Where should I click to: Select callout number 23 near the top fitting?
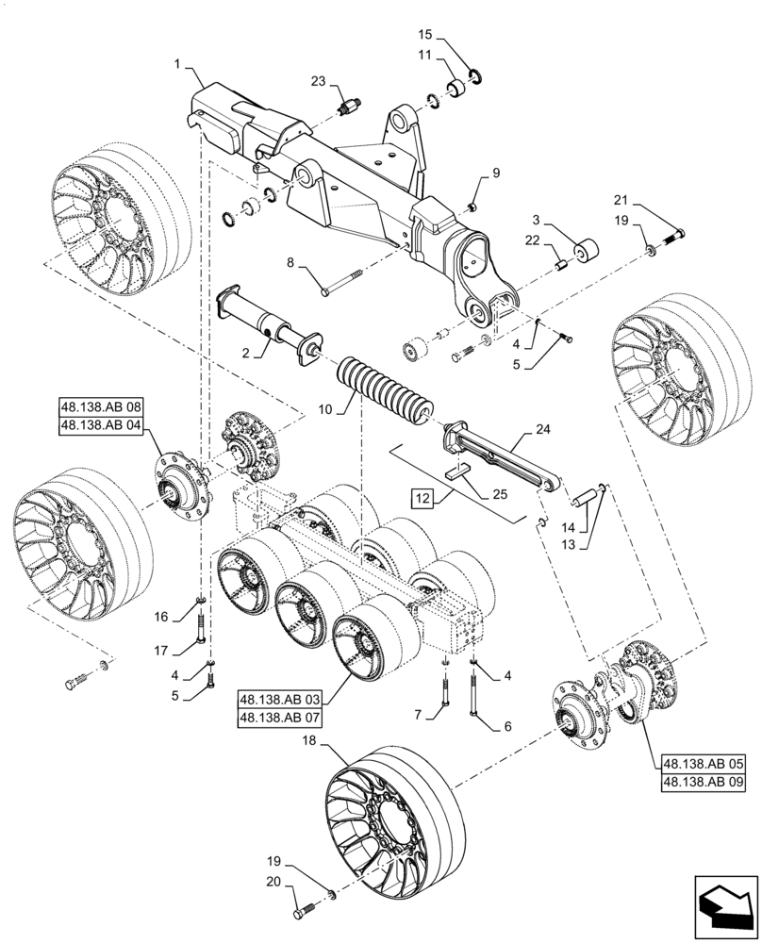(316, 83)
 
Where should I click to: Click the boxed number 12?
(421, 496)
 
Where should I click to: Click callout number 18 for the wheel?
(309, 743)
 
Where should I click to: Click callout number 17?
(162, 651)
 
